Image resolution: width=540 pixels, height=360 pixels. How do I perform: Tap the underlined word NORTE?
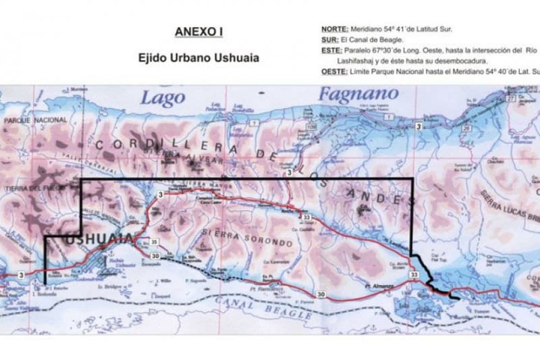tap(335, 29)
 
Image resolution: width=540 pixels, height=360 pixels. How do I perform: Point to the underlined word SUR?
tap(330, 39)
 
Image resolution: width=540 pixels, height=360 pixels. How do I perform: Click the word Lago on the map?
tap(162, 98)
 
